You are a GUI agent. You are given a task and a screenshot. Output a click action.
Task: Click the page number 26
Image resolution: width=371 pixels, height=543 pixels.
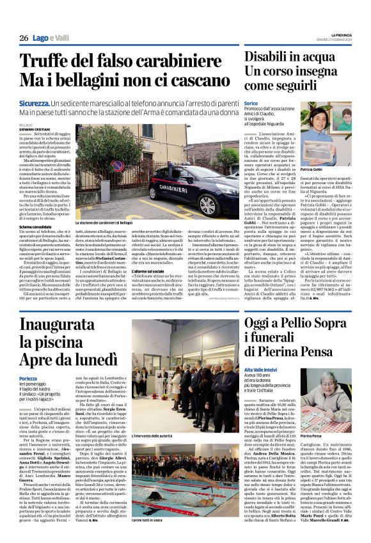23,38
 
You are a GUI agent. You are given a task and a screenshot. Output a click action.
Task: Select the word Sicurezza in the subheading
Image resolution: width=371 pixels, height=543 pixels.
34,103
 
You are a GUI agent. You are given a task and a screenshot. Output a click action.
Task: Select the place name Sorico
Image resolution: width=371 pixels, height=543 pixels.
251,103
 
